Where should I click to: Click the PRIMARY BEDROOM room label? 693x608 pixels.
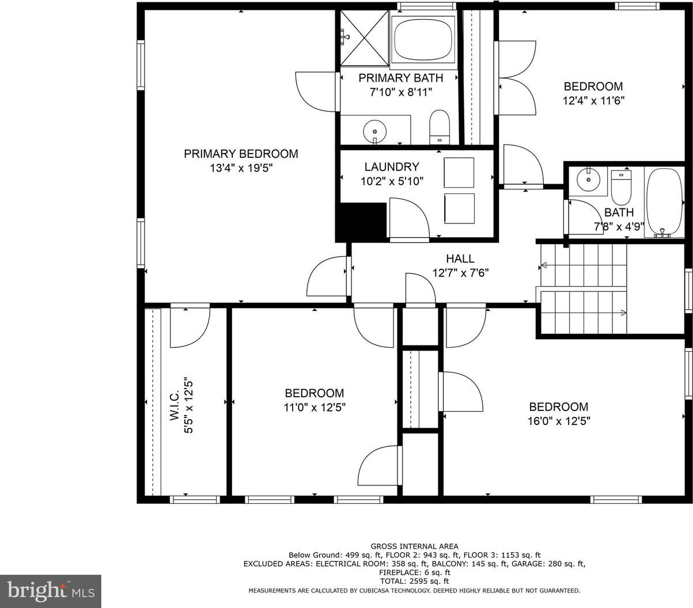(241, 154)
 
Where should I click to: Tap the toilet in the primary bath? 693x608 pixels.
(439, 127)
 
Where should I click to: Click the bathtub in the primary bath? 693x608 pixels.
(423, 37)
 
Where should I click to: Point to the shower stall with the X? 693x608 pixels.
(364, 37)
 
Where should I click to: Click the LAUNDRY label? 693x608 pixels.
(392, 167)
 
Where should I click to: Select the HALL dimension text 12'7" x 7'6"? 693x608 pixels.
(460, 273)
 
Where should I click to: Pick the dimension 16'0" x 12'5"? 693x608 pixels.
(559, 421)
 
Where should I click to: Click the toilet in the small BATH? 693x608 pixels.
(621, 187)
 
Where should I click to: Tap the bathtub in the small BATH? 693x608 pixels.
(664, 202)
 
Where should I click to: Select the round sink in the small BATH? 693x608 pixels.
(588, 178)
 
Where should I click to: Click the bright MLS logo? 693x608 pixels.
(51, 591)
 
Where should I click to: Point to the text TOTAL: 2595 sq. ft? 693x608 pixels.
(414, 581)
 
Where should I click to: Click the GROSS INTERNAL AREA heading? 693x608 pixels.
(415, 546)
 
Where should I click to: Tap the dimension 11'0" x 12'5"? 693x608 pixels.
(315, 407)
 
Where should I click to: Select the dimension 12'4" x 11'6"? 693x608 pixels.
(593, 101)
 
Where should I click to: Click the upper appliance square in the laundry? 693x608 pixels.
(459, 172)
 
